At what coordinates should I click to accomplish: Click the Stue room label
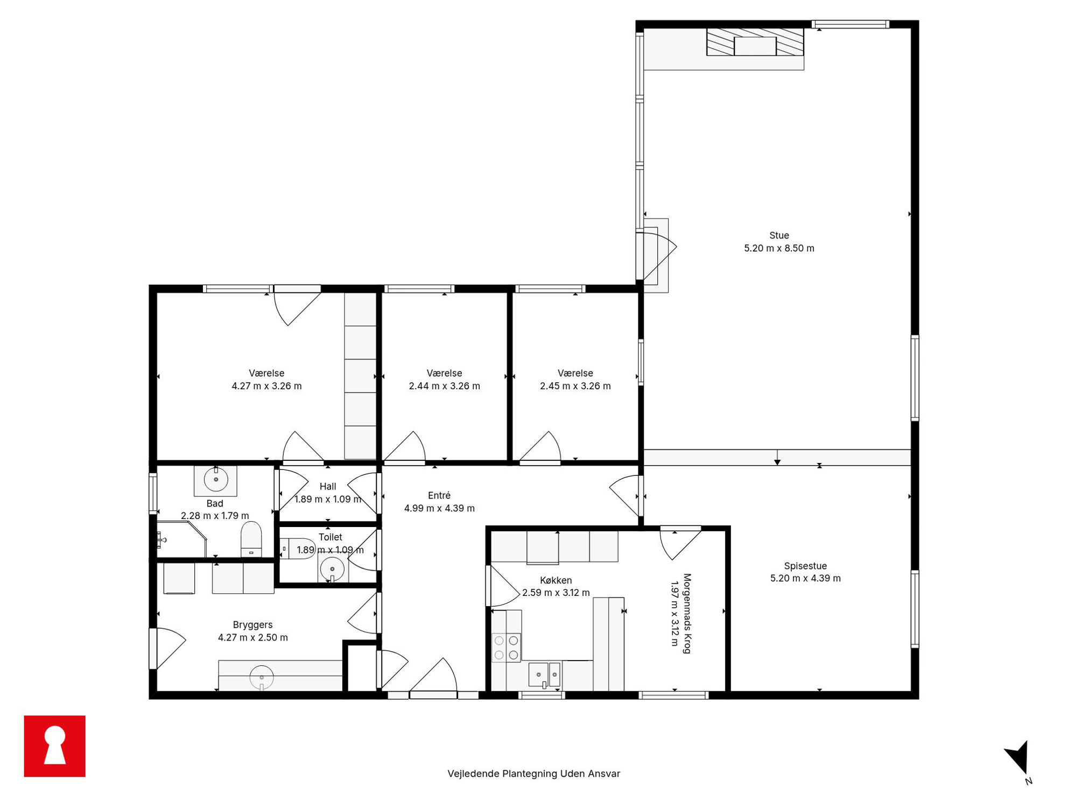(x=779, y=235)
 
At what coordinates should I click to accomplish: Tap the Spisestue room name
(x=805, y=566)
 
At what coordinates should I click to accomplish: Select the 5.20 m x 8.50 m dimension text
(x=779, y=248)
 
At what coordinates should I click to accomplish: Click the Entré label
(x=439, y=495)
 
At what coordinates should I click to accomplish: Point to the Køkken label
(x=556, y=580)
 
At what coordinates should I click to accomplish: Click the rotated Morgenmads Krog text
(x=687, y=614)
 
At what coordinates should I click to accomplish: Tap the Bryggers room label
(x=252, y=624)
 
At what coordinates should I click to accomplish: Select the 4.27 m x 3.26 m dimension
(x=266, y=386)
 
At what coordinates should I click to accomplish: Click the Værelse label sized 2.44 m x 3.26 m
(x=444, y=373)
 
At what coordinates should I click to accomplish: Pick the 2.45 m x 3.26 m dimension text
(x=575, y=386)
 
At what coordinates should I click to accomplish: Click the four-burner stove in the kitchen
(x=507, y=648)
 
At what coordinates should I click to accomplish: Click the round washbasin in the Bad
(x=216, y=479)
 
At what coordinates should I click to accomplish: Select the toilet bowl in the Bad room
(x=251, y=539)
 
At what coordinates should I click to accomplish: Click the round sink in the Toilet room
(x=332, y=569)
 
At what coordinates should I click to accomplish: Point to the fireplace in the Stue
(x=755, y=42)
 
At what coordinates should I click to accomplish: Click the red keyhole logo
(x=54, y=746)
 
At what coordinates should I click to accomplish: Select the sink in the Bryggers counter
(x=262, y=678)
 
